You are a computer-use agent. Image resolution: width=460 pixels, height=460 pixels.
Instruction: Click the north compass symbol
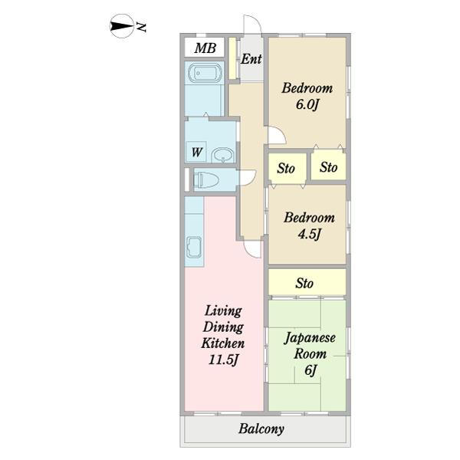pyautogui.click(x=121, y=26)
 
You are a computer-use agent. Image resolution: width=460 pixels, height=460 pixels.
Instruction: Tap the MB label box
pyautogui.click(x=205, y=47)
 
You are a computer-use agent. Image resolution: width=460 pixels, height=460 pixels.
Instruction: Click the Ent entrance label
pyautogui.click(x=251, y=59)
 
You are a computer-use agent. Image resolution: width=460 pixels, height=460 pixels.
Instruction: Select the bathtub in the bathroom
pyautogui.click(x=205, y=73)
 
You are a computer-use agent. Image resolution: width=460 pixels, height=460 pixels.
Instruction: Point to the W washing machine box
pyautogui.click(x=195, y=151)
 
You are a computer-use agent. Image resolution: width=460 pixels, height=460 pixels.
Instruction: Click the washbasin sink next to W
pyautogui.click(x=223, y=155)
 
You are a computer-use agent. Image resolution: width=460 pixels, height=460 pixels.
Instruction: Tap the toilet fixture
pyautogui.click(x=206, y=179)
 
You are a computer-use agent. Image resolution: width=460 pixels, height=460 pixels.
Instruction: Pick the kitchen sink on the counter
pyautogui.click(x=194, y=247)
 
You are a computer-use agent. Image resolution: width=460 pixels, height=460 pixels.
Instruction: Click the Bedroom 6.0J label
pyautogui.click(x=307, y=97)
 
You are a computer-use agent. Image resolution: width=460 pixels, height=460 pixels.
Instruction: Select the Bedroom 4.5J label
pyautogui.click(x=309, y=225)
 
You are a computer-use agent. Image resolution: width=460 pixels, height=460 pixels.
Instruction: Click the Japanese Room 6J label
pyautogui.click(x=310, y=353)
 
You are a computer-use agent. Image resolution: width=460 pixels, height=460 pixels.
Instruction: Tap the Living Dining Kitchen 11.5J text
pyautogui.click(x=223, y=335)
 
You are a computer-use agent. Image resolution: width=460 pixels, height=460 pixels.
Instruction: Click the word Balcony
pyautogui.click(x=261, y=429)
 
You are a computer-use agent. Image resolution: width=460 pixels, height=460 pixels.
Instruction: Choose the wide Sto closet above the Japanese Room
pyautogui.click(x=307, y=282)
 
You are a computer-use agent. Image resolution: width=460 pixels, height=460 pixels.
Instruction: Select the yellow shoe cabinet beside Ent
pyautogui.click(x=232, y=58)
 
